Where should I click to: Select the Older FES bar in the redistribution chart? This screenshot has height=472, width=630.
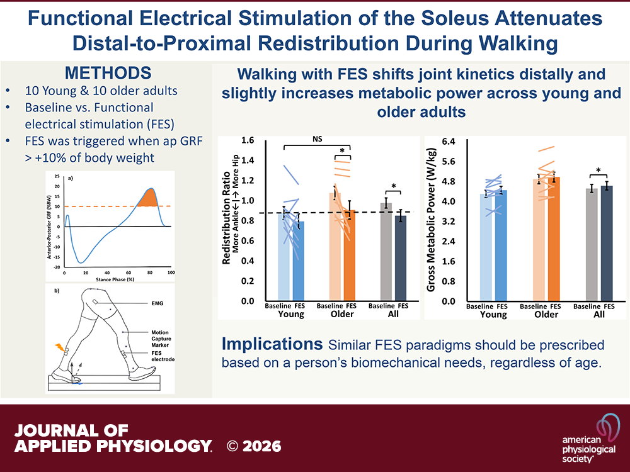pyautogui.click(x=346, y=255)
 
